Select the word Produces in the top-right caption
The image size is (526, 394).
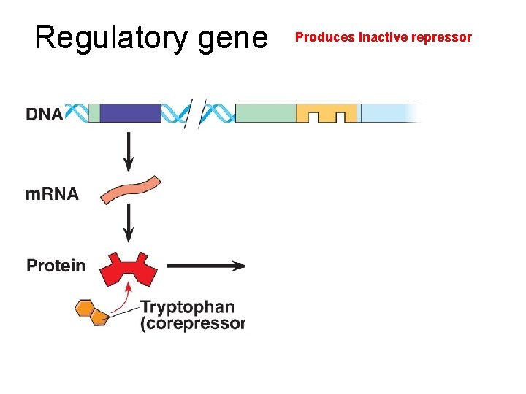coord(324,37)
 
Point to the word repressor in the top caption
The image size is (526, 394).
coord(444,37)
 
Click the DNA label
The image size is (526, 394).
coord(44,115)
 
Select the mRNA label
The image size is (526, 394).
coord(52,194)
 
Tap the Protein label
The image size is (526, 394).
coord(56,266)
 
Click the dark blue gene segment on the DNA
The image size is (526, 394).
coord(129,113)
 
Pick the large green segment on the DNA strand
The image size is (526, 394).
coord(265,113)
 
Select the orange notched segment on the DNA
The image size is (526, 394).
coord(327,112)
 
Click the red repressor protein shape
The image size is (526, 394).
coord(129,270)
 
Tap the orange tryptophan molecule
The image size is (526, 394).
coord(91,312)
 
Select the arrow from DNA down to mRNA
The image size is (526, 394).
coord(129,151)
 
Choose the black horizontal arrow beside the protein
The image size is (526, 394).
coord(206,266)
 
